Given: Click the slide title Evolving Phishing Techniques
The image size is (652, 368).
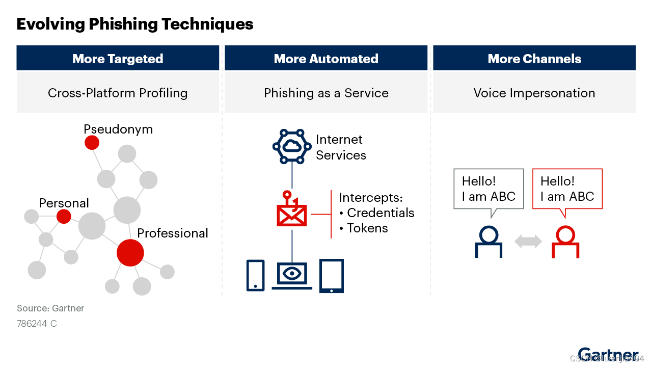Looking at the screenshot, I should click(x=135, y=24).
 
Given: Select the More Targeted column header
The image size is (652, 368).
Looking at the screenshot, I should click(x=118, y=59).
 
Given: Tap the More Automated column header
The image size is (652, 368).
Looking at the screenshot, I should click(x=326, y=59).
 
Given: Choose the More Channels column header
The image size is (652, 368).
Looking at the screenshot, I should click(x=534, y=59).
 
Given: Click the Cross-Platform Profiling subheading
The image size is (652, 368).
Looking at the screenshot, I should click(x=118, y=93).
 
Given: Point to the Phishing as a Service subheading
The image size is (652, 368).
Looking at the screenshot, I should click(x=326, y=93).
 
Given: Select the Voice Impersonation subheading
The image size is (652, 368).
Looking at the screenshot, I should click(x=534, y=93).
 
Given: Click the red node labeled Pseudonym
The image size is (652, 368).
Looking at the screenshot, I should click(x=92, y=143).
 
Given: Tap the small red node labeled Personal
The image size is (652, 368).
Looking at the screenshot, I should click(x=64, y=217).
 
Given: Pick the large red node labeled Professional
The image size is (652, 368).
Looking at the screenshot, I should click(x=130, y=252).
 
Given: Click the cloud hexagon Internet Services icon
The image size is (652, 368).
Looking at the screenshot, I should click(x=291, y=146).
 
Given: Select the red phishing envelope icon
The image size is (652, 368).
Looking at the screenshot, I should click(x=291, y=210).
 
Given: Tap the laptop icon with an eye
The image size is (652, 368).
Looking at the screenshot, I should click(x=291, y=275).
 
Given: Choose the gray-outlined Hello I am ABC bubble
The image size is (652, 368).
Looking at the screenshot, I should click(x=488, y=189).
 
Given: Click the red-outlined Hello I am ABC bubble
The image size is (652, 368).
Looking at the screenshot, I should click(x=567, y=189).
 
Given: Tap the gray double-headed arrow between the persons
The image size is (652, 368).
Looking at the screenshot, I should click(x=528, y=242).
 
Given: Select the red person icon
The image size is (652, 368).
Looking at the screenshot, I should click(x=565, y=242).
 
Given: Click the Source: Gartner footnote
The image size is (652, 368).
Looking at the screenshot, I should click(x=50, y=308).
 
